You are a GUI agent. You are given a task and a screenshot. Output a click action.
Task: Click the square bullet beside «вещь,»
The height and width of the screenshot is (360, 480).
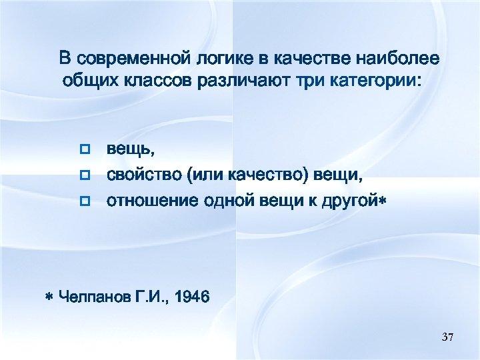[x=84, y=151]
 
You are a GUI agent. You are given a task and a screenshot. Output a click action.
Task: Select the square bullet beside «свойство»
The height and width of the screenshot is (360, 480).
[x=84, y=175]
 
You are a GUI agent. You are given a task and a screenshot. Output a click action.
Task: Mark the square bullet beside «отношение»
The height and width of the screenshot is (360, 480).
[x=84, y=201]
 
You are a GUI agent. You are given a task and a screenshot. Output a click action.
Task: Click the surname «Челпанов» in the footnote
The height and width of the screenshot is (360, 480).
[x=94, y=296]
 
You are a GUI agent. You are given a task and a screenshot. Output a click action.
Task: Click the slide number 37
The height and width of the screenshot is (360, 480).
[x=447, y=338]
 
